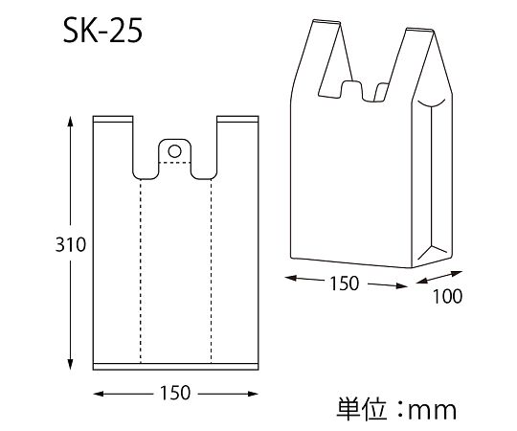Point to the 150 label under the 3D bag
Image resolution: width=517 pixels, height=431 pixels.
click(x=344, y=283)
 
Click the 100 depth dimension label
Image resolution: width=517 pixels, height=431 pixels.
click(x=445, y=296)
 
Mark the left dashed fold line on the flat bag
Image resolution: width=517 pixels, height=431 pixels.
click(x=140, y=268)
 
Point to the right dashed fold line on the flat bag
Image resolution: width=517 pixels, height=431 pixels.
click(x=211, y=268)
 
